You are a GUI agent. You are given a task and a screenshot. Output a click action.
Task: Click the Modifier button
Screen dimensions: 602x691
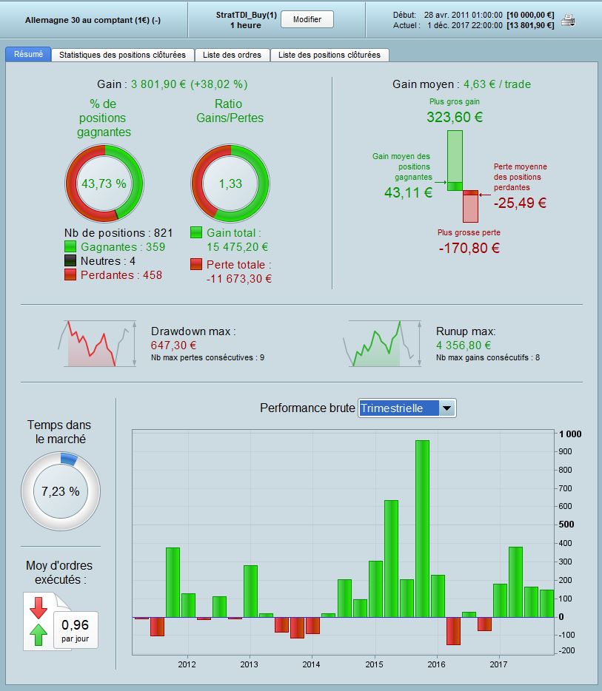(x=307, y=19)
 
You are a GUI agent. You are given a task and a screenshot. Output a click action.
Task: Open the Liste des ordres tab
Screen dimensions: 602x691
(x=232, y=55)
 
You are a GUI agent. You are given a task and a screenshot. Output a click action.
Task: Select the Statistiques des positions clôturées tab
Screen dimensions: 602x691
(x=122, y=55)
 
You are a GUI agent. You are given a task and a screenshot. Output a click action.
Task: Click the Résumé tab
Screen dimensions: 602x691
(x=28, y=54)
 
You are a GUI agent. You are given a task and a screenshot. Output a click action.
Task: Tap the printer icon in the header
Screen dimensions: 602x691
(x=569, y=20)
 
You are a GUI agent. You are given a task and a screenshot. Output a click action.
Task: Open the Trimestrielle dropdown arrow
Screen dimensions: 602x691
(x=447, y=408)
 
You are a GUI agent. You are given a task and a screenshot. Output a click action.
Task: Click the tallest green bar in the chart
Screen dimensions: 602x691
(x=422, y=528)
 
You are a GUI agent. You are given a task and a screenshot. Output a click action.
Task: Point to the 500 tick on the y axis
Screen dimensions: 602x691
(x=566, y=525)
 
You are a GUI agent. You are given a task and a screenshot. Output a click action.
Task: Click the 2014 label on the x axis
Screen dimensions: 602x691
(x=311, y=664)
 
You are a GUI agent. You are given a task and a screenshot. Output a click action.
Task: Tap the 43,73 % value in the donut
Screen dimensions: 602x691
(x=104, y=183)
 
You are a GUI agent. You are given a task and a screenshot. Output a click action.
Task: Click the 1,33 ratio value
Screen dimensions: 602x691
(x=230, y=183)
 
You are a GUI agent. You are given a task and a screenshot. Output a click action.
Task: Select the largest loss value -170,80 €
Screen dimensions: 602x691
(x=469, y=248)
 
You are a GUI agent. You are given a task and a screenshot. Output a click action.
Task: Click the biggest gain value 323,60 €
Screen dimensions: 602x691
(x=454, y=117)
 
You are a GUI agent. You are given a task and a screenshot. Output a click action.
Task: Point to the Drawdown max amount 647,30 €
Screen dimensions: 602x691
(x=173, y=345)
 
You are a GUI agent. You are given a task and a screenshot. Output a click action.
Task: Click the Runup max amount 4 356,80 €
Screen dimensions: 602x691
(x=464, y=345)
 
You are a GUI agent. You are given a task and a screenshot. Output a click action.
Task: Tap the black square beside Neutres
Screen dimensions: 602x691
(x=70, y=260)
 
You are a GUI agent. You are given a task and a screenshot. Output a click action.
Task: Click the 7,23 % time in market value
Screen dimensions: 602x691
(x=61, y=491)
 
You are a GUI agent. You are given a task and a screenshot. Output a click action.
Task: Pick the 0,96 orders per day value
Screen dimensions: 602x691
(x=75, y=624)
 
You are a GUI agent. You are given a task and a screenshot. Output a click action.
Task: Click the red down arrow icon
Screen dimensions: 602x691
(x=39, y=608)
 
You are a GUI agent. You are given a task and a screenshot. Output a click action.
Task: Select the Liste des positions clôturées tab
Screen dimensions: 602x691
(x=329, y=55)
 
